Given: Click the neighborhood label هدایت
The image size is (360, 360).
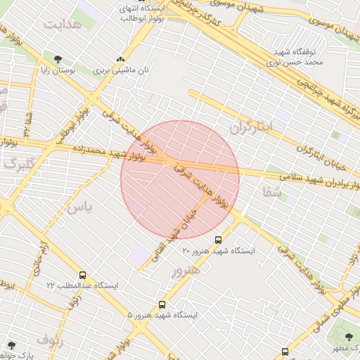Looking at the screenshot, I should (x=63, y=24).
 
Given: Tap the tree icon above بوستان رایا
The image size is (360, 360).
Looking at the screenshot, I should (x=58, y=59).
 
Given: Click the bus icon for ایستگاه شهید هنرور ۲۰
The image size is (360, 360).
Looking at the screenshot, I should (x=218, y=239).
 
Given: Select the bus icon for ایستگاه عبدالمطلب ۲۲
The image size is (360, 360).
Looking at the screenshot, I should (x=84, y=276).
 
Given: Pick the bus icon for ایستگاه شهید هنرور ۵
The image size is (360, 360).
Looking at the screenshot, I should (x=162, y=304).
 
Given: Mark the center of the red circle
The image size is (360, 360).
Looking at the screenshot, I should (x=180, y=179).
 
